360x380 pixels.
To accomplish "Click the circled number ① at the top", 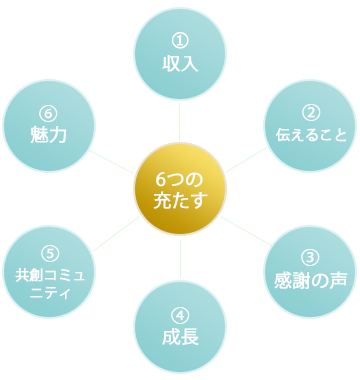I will pos(180,41).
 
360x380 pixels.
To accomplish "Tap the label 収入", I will pos(180,64).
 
